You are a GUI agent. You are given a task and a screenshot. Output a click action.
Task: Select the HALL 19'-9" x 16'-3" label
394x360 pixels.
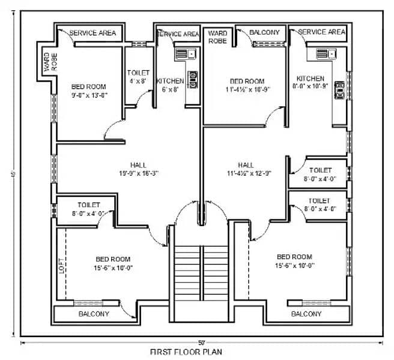click(138, 169)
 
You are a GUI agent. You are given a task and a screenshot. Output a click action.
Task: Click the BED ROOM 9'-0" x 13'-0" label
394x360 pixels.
click(88, 91)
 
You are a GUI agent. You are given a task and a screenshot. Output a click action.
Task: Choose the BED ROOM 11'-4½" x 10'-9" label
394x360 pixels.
click(246, 85)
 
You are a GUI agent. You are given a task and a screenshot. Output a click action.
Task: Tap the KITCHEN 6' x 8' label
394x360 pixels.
click(170, 85)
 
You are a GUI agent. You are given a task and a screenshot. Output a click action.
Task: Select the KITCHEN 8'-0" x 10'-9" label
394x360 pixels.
click(310, 83)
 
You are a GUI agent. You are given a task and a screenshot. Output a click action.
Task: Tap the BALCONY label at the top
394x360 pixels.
click(264, 32)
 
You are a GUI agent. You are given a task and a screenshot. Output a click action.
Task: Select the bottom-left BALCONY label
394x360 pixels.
click(94, 314)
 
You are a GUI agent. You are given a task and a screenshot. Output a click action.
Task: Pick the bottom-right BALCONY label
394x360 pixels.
click(306, 314)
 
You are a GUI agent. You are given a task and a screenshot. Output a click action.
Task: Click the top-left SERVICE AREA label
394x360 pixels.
click(93, 32)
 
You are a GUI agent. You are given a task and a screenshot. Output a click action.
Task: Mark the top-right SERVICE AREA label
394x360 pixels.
click(321, 32)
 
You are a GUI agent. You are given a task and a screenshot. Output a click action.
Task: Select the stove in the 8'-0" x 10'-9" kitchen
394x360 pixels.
click(339, 90)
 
